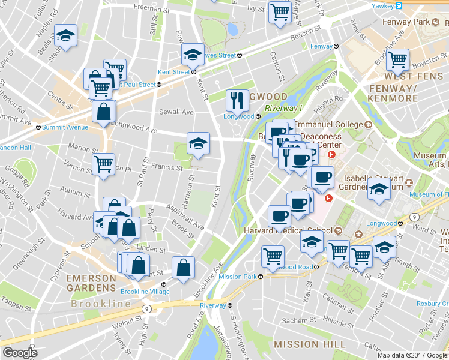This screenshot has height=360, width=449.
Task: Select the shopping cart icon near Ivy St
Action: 280,12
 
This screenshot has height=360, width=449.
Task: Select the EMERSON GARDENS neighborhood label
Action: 91,278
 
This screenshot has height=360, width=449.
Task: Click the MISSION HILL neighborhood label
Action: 309,344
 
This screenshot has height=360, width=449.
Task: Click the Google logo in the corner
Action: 20,353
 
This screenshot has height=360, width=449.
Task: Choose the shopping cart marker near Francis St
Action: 104,164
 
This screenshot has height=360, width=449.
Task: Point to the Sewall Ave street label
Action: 176,112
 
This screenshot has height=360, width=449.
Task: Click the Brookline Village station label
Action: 145,292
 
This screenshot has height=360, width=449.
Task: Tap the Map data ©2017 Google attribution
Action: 412,355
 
